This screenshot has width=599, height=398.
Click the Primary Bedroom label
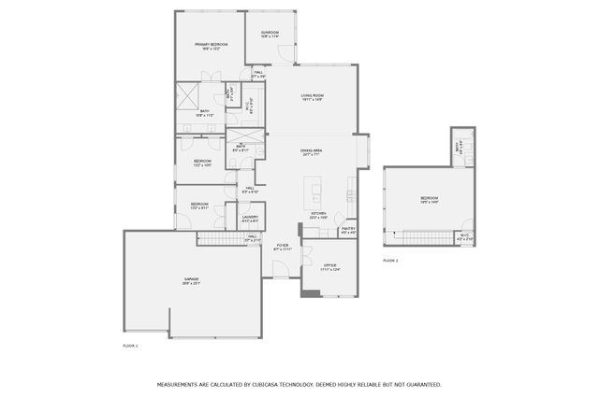tap(211, 46)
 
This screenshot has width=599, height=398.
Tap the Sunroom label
tap(270, 35)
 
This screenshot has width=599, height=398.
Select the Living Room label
tap(312, 96)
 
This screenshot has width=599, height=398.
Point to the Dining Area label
tap(312, 152)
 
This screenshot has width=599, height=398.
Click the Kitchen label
tap(318, 214)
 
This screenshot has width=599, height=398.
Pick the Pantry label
tap(348, 229)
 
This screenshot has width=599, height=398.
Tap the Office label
tap(330, 266)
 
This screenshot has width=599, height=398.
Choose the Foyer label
tap(282, 247)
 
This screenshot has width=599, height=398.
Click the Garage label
tap(192, 280)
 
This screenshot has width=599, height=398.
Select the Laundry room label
tap(250, 219)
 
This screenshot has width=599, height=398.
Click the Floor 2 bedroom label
tap(429, 199)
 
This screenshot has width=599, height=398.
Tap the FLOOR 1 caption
tap(130, 346)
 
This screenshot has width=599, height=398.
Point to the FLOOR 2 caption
tap(390, 261)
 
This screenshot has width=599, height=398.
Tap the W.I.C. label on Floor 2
tap(465, 238)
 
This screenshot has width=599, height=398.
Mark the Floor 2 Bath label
tap(458, 148)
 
